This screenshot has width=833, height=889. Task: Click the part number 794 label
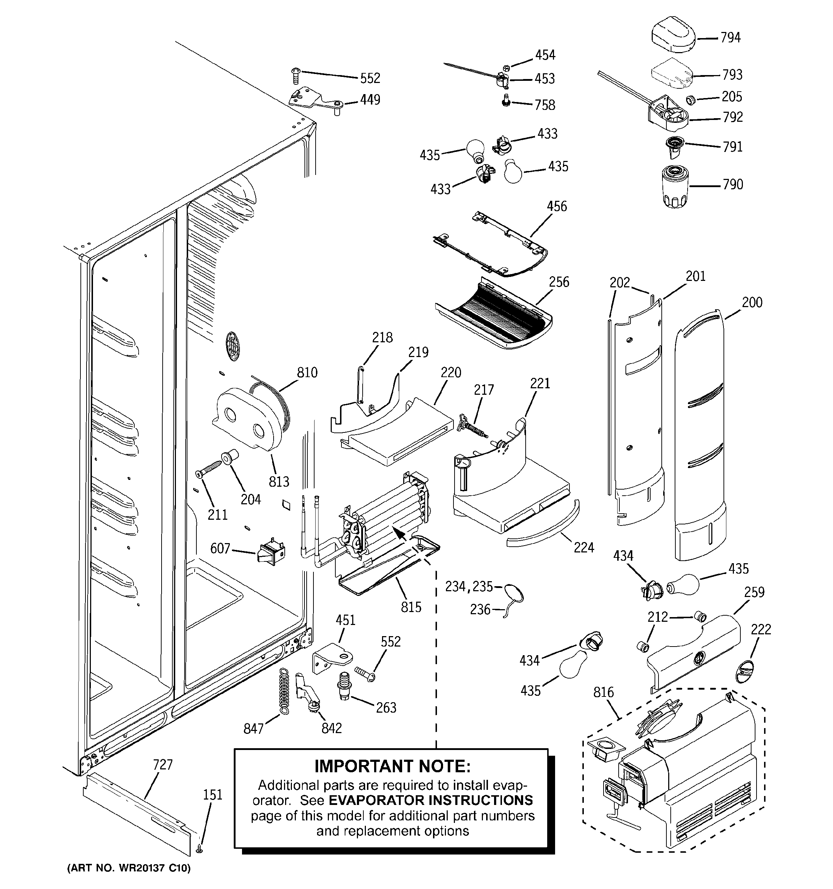click(x=730, y=38)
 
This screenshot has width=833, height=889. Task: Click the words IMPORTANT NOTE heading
click(x=392, y=767)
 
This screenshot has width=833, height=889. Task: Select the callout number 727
click(x=163, y=765)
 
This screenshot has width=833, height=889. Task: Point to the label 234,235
click(x=469, y=586)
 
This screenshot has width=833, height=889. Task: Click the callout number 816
click(x=603, y=692)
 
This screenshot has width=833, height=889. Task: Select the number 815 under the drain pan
click(x=411, y=607)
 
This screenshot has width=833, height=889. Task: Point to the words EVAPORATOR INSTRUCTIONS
click(x=431, y=800)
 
